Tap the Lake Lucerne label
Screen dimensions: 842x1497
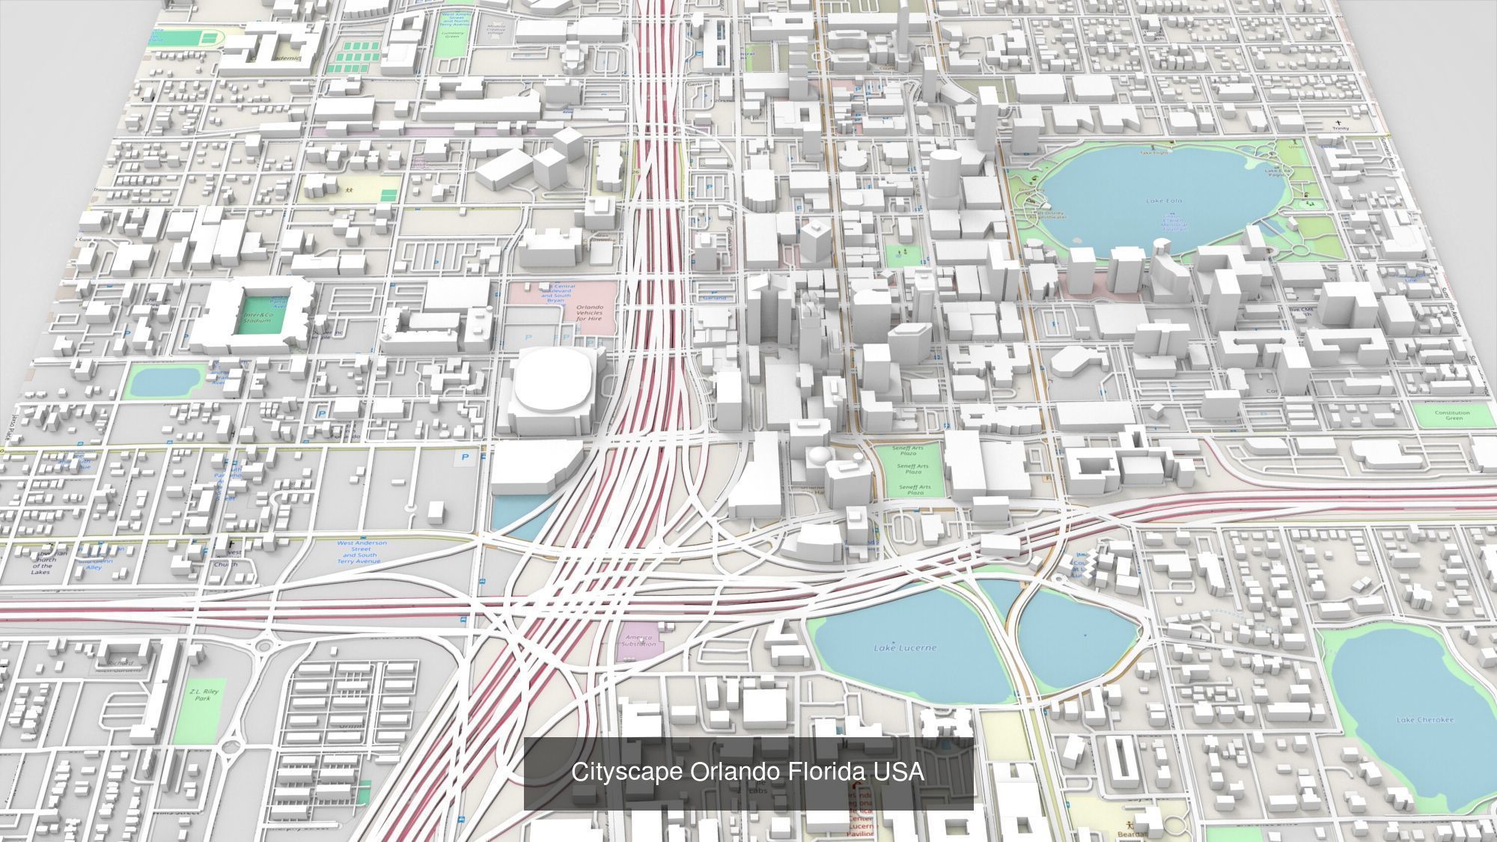click(x=904, y=647)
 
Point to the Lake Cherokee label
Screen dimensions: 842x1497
click(x=1424, y=720)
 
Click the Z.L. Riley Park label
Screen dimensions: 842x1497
click(x=203, y=695)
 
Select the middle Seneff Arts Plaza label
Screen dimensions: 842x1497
click(x=913, y=469)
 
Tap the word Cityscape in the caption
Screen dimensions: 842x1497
click(x=627, y=772)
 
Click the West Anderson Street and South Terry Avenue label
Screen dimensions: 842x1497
click(x=362, y=552)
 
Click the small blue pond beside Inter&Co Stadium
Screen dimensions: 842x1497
click(x=163, y=382)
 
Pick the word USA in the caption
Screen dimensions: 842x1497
click(x=901, y=772)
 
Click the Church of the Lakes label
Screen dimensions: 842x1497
click(x=43, y=561)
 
